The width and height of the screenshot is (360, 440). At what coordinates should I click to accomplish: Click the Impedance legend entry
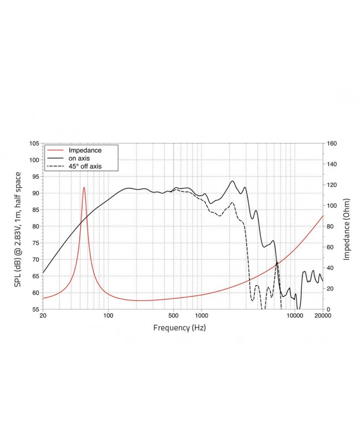pos(85,150)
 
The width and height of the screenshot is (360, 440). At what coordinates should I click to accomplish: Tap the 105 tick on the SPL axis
pos(34,144)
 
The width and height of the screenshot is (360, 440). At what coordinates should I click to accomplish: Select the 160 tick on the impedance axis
pos(333,144)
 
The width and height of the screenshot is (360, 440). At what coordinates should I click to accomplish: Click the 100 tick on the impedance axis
pos(333,206)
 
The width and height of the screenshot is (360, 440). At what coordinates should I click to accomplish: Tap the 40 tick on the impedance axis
pos(331,268)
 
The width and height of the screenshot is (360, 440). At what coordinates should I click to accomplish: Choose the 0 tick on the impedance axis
pos(330,309)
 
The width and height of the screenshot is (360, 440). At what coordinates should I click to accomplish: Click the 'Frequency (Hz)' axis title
pos(179,328)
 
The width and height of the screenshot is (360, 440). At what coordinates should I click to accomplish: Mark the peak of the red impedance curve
pos(84,187)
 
